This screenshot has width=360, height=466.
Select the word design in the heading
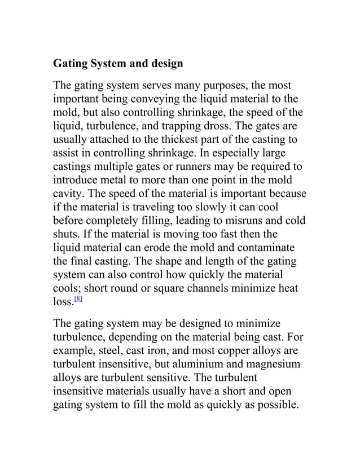click(164, 64)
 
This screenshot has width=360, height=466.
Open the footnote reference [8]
click(78, 300)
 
